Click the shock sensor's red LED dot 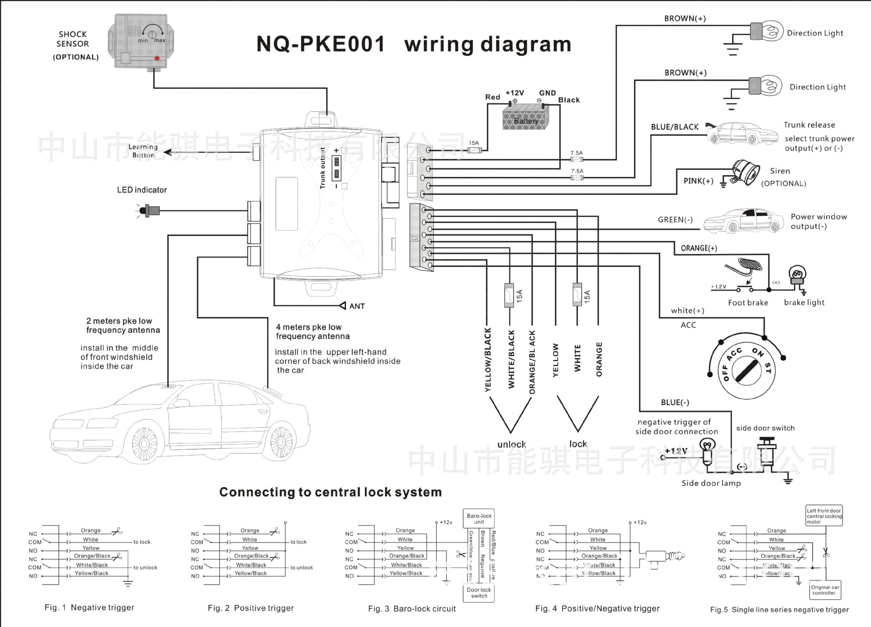click(157, 58)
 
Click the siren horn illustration click(745, 172)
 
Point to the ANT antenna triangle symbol click(343, 306)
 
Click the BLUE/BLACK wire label click(675, 127)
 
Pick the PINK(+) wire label click(698, 181)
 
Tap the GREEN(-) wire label click(675, 220)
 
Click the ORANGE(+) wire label click(699, 248)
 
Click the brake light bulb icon click(797, 275)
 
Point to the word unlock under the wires click(512, 444)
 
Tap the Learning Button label click(143, 151)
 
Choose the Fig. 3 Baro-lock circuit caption click(412, 609)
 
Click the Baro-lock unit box click(479, 519)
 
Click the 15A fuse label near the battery click(474, 143)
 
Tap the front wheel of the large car click(145, 443)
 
